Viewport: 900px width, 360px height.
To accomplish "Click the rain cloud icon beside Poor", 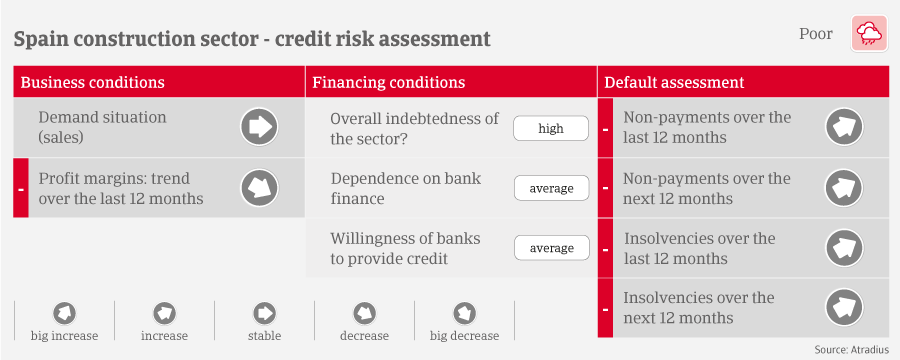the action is tap(868, 34).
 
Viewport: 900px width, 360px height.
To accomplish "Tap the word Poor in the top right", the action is tap(816, 34).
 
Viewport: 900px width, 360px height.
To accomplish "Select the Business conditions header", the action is tap(92, 83).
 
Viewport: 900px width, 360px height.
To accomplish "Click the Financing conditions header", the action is tap(389, 83).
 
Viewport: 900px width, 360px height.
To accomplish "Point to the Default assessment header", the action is tap(674, 83).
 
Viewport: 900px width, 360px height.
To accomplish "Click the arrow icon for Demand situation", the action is tap(259, 127).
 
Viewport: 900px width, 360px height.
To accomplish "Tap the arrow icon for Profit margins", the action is tap(259, 188).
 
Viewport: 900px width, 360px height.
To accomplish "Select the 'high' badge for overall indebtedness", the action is tap(551, 128).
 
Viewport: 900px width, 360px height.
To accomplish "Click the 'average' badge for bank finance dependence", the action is tap(551, 188).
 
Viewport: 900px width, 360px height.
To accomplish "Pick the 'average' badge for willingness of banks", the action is tap(551, 248).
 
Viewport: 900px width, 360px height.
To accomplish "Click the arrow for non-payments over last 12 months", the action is tap(844, 127).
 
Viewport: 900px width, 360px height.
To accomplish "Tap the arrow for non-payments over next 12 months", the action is tap(844, 188).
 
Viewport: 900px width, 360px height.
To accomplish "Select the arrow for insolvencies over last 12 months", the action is tap(844, 248).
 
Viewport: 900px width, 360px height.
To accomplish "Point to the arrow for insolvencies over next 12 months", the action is tap(844, 308).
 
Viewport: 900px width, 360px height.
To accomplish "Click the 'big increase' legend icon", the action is tap(64, 313).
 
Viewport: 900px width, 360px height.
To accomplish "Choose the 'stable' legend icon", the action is tap(265, 313).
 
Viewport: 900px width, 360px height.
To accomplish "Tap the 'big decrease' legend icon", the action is tap(464, 313).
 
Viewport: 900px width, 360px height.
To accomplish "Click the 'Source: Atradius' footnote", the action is tap(852, 350).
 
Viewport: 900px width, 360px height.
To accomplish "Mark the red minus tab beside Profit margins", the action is tap(21, 188).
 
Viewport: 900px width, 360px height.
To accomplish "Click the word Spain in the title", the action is tap(38, 39).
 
